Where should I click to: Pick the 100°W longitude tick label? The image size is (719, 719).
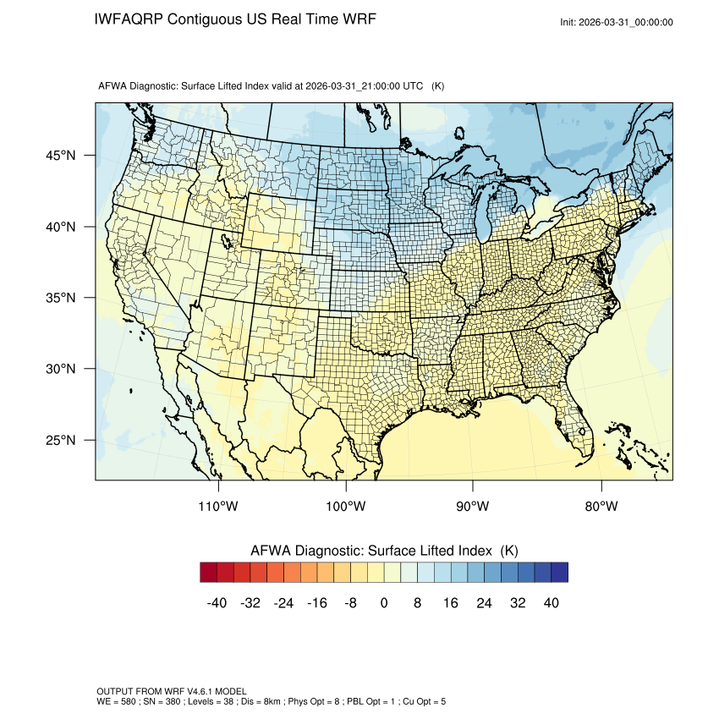(x=346, y=507)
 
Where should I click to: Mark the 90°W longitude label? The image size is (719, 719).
(x=473, y=507)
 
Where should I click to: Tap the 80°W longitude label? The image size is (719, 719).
(x=601, y=507)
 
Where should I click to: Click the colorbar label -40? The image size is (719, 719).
(x=217, y=603)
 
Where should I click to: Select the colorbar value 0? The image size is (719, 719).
(x=384, y=603)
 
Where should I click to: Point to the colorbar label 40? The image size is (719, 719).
(x=552, y=603)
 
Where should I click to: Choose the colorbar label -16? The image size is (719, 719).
(x=317, y=603)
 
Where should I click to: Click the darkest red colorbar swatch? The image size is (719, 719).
(x=209, y=573)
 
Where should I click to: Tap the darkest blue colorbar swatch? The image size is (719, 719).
(x=559, y=573)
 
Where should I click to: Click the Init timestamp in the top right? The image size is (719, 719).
(x=617, y=22)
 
